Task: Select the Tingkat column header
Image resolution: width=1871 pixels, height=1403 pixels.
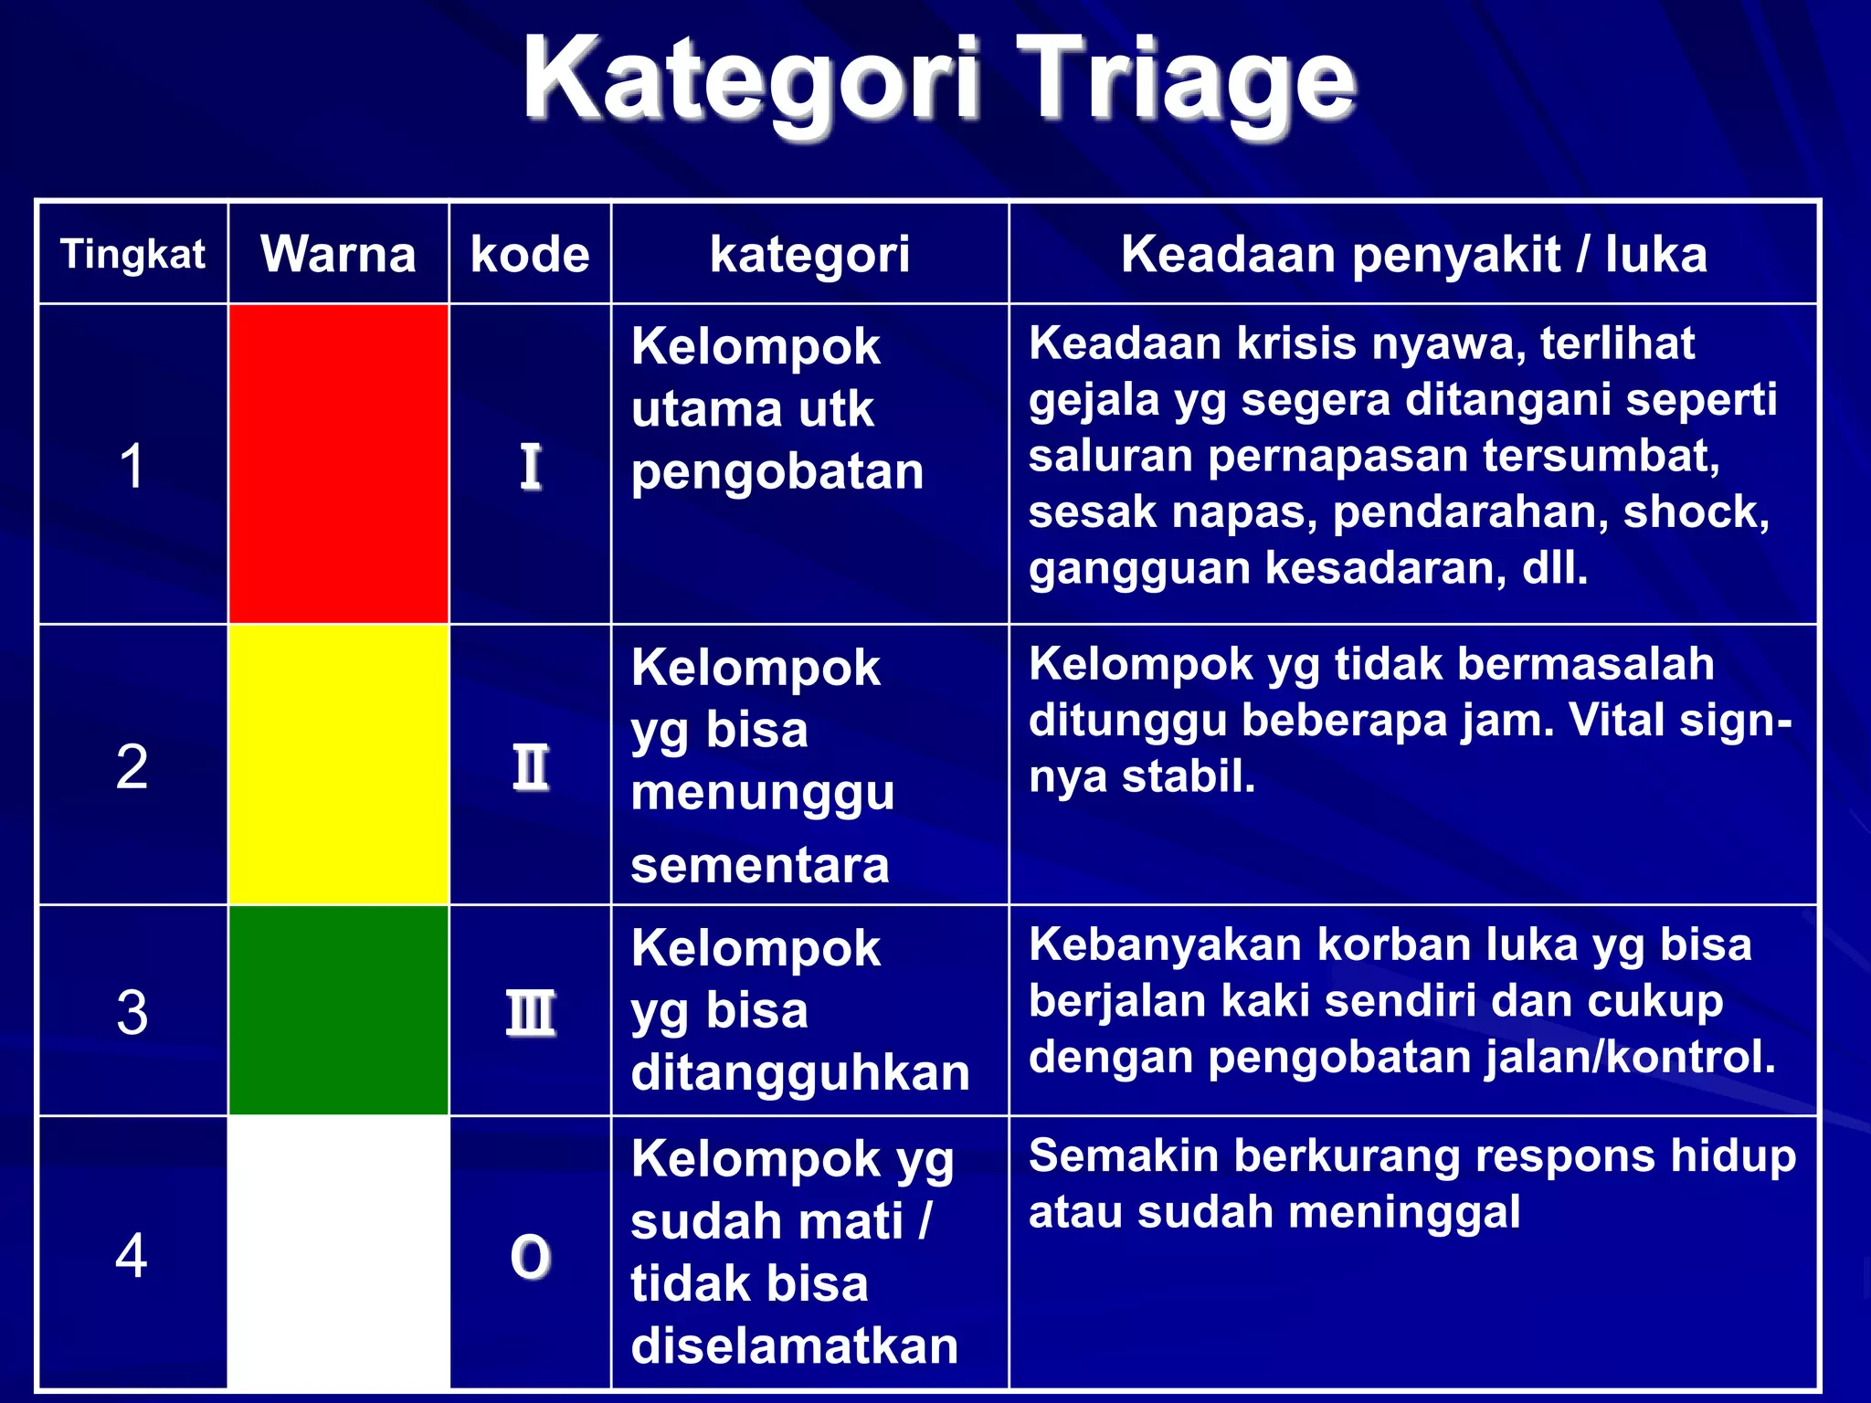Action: (x=132, y=254)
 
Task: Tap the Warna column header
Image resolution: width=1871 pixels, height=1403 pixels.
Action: (x=338, y=254)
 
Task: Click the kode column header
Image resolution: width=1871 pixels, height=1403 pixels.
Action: (x=530, y=254)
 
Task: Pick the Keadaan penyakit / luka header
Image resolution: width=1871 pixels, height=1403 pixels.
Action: (x=1413, y=254)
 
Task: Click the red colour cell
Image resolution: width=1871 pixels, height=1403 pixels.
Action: (x=338, y=464)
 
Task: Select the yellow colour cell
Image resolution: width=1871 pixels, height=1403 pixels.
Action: (x=338, y=765)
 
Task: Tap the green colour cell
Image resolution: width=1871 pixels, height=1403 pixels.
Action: (x=338, y=1010)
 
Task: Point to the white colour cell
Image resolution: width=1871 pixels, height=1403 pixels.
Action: (x=338, y=1252)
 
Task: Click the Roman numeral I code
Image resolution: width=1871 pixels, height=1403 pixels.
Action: (x=530, y=467)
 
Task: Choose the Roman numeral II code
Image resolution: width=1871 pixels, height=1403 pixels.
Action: (x=530, y=767)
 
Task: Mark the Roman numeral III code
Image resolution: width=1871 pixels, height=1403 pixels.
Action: (x=530, y=1013)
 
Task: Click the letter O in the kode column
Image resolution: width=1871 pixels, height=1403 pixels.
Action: (x=530, y=1256)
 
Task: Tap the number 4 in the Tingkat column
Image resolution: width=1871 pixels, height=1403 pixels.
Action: (x=132, y=1255)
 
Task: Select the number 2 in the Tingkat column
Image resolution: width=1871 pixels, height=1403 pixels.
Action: (x=132, y=766)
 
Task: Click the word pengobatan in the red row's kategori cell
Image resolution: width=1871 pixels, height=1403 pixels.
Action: (x=777, y=472)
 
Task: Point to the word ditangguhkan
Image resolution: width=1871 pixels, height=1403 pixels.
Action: (x=799, y=1072)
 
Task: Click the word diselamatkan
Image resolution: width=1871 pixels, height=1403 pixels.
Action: (x=794, y=1346)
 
